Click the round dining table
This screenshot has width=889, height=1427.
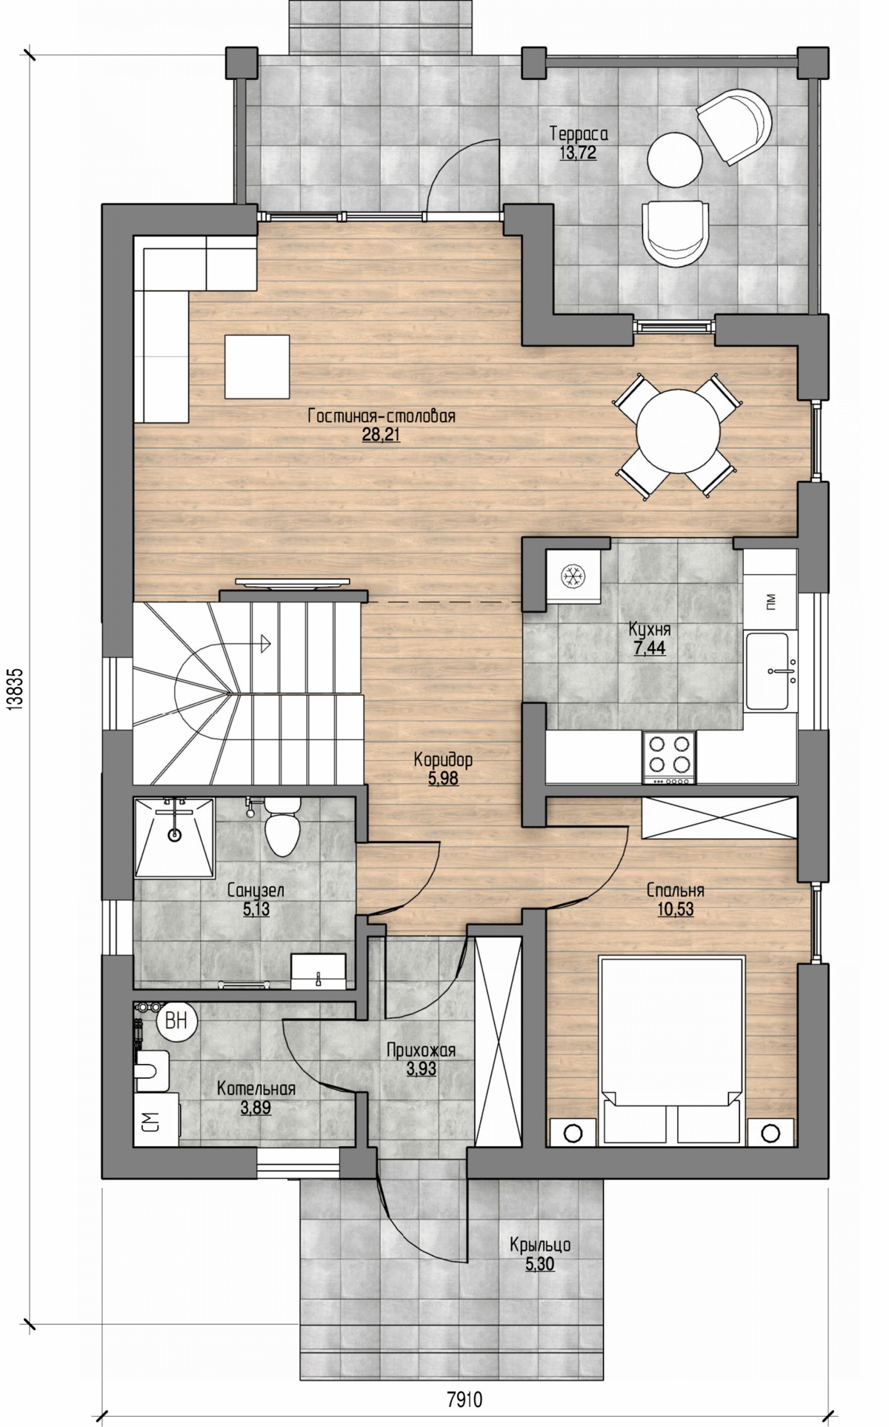(x=678, y=434)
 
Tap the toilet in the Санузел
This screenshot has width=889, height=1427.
(x=282, y=828)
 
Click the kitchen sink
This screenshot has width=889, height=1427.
(x=770, y=671)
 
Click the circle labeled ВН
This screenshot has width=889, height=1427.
(x=176, y=1021)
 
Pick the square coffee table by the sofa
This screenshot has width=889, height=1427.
(x=257, y=366)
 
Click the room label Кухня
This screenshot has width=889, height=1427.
(x=649, y=630)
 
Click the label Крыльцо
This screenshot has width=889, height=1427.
(x=539, y=1245)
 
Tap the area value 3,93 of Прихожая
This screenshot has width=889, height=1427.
(x=422, y=1069)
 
